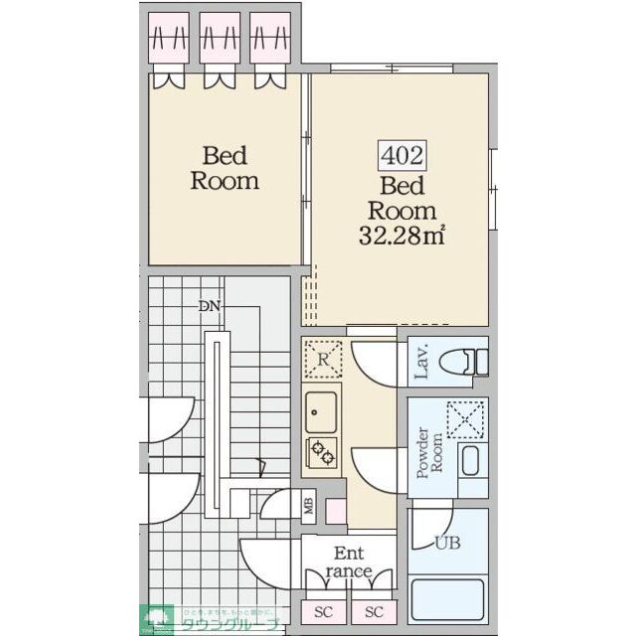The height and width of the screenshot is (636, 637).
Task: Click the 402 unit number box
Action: point(401,155)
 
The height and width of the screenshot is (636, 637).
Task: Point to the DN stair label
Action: point(209,306)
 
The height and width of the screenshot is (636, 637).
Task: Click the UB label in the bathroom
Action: point(447,543)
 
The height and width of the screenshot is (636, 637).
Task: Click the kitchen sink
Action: point(322,406)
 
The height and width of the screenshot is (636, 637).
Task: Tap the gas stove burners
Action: point(323,452)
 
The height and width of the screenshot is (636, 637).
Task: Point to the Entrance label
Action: point(348,562)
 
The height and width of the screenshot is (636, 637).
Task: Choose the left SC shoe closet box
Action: point(323,611)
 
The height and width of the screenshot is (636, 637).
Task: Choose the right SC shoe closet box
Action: point(374,611)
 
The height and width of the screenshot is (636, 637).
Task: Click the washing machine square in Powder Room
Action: point(465,418)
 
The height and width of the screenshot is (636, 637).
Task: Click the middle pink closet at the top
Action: point(220,39)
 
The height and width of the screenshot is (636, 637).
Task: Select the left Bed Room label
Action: point(225,168)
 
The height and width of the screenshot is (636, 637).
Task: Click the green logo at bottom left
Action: point(156,619)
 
